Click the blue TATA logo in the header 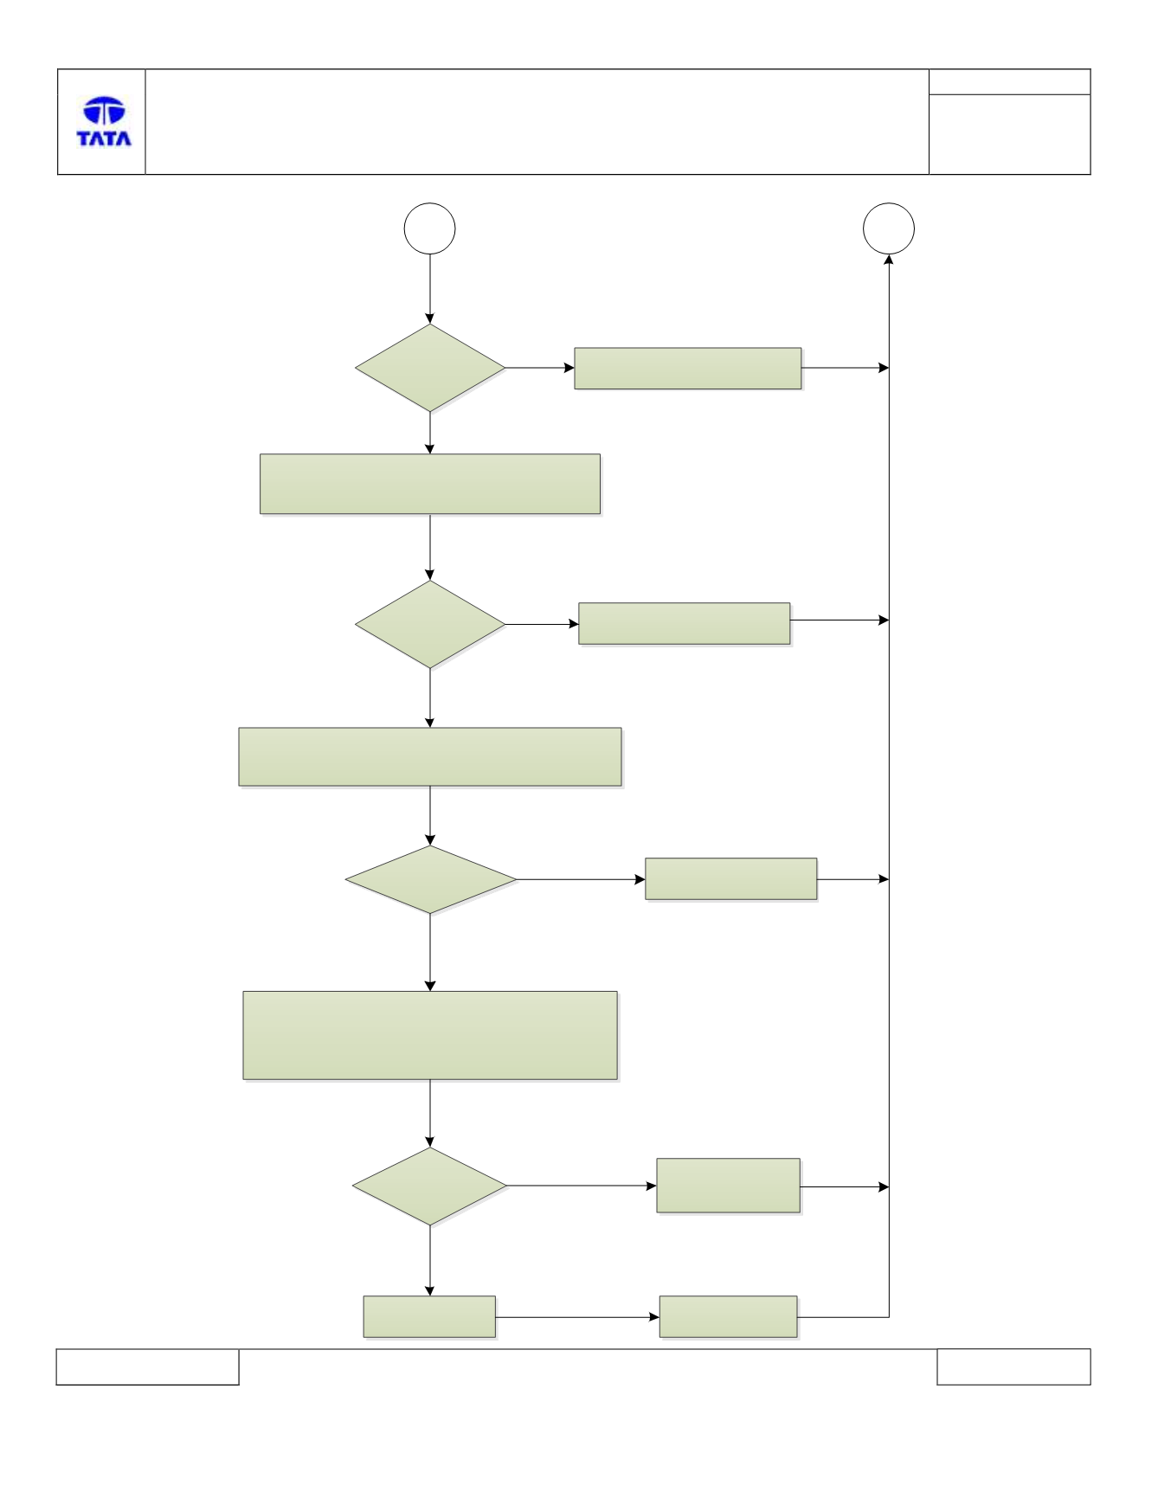pyautogui.click(x=104, y=121)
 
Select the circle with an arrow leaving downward pyautogui.click(x=430, y=228)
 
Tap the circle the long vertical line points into pyautogui.click(x=889, y=228)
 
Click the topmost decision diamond pyautogui.click(x=430, y=368)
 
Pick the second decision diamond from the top pyautogui.click(x=430, y=624)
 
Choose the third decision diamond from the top pyautogui.click(x=431, y=879)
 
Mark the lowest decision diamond pyautogui.click(x=430, y=1186)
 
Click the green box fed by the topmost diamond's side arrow pyautogui.click(x=688, y=369)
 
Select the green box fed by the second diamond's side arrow pyautogui.click(x=685, y=624)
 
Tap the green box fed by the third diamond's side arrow pyautogui.click(x=731, y=879)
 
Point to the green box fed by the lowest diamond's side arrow pyautogui.click(x=729, y=1186)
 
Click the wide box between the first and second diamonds pyautogui.click(x=430, y=485)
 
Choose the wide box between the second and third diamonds pyautogui.click(x=430, y=757)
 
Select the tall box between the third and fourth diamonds pyautogui.click(x=430, y=1036)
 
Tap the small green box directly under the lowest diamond pyautogui.click(x=429, y=1317)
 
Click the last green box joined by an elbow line pyautogui.click(x=729, y=1317)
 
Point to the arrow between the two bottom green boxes pyautogui.click(x=577, y=1317)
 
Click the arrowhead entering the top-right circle pyautogui.click(x=889, y=260)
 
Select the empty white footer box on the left pyautogui.click(x=147, y=1366)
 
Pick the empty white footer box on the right pyautogui.click(x=1013, y=1366)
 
